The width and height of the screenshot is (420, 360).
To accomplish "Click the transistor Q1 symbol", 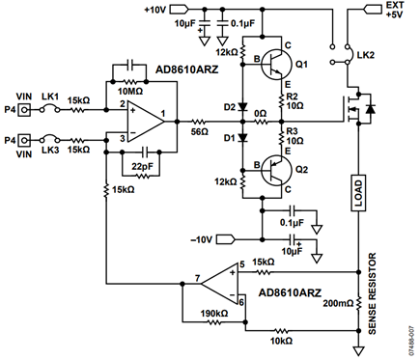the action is (x=276, y=64).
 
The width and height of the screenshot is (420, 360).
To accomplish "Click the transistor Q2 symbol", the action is (x=276, y=170).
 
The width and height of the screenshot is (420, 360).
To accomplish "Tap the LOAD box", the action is (x=358, y=193).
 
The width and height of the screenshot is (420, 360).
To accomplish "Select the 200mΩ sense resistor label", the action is (x=338, y=303).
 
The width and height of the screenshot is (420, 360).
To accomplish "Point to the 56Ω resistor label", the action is (x=200, y=131).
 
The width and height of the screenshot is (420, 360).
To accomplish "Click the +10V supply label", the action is (x=155, y=10).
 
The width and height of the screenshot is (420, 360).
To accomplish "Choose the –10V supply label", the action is (x=202, y=239).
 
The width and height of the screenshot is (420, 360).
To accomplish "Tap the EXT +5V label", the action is (x=395, y=10).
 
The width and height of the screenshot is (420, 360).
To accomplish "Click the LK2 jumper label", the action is (x=366, y=55).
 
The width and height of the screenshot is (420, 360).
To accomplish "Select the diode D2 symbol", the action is (x=242, y=106).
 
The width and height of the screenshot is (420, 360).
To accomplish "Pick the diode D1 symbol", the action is (x=242, y=138).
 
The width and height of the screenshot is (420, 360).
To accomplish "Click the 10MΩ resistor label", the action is (x=130, y=92).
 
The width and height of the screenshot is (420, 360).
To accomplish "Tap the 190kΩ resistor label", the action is (x=214, y=314).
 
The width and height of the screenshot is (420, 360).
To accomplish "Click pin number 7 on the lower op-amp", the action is (x=198, y=278).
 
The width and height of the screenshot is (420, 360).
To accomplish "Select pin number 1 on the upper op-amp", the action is (x=163, y=113).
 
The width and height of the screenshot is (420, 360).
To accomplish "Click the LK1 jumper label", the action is (x=50, y=97).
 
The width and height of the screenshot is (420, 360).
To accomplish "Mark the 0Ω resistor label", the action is (x=261, y=114).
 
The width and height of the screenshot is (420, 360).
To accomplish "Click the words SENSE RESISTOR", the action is (x=372, y=293).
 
